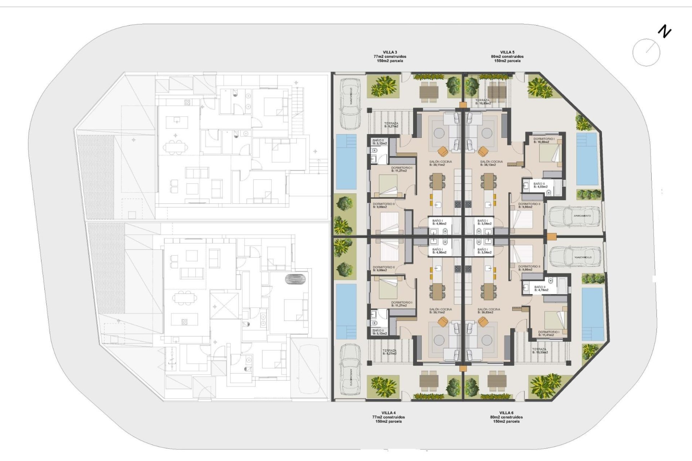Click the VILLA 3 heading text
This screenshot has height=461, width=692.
pos(390,53)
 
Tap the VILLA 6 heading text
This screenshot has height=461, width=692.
pos(506,413)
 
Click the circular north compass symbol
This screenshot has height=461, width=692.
pos(646,53)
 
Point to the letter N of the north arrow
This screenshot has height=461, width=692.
pos(665,32)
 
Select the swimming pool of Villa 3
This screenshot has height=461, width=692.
pos(346,162)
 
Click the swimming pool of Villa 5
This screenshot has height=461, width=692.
pos(587,159)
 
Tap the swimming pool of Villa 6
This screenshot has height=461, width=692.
pos(593,314)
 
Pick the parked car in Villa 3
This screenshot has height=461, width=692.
pos(350,103)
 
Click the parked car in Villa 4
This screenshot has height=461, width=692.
pos(350,370)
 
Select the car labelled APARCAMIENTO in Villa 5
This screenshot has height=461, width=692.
pos(575,216)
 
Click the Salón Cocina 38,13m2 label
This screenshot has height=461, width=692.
pos(491,163)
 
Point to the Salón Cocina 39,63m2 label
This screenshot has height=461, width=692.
pos(489,311)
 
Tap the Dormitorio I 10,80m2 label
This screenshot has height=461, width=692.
pos(544,140)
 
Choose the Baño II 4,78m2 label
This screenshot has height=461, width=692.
pos(541,288)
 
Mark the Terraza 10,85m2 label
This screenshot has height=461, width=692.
pos(483,102)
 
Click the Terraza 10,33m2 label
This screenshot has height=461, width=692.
pos(540,351)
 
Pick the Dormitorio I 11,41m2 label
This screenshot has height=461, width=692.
pos(549,334)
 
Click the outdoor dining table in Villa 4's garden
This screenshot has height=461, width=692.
pos(429,381)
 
